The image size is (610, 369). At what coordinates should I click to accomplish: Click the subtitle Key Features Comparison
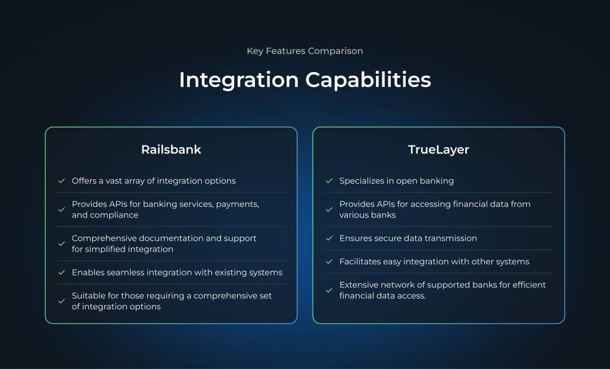304,51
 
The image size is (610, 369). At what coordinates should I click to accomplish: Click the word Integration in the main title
239,80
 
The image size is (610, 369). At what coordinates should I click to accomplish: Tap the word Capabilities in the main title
368,80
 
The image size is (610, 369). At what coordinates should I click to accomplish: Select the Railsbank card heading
171,150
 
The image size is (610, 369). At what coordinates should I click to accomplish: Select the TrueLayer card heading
438,150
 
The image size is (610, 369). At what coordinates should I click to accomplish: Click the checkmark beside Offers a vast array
61,181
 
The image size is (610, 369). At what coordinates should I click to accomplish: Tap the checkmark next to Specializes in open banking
329,181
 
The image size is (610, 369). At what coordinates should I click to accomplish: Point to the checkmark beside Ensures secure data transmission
329,238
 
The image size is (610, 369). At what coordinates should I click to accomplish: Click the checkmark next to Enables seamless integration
61,272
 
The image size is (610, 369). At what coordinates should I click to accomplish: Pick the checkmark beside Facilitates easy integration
329,262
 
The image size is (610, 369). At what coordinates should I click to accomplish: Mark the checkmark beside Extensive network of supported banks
329,290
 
